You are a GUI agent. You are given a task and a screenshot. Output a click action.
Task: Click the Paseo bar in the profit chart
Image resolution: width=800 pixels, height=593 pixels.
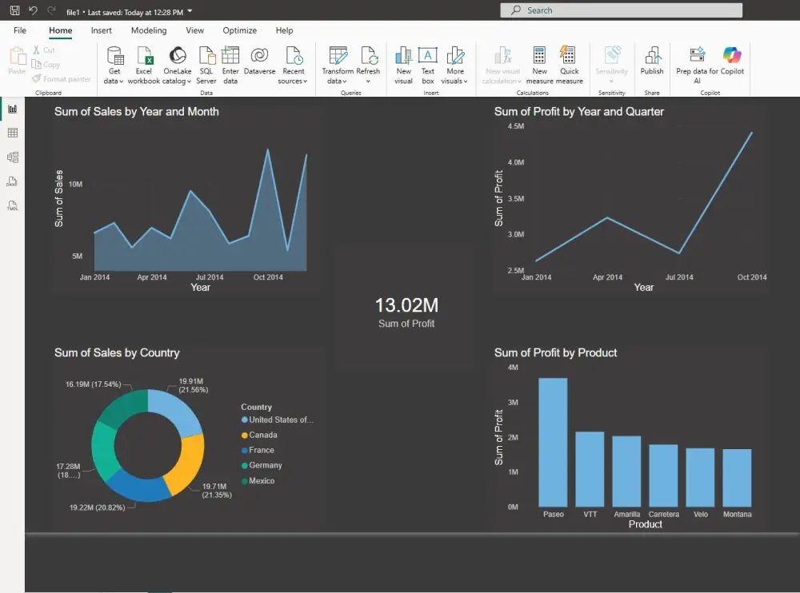pos(553,441)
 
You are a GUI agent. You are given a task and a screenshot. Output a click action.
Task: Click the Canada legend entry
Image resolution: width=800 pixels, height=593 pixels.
pos(262,436)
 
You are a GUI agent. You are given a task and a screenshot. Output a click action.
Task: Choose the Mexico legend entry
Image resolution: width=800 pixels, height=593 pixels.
pos(261,481)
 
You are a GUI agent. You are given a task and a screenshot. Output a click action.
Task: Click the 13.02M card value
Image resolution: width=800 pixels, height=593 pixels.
pos(406,305)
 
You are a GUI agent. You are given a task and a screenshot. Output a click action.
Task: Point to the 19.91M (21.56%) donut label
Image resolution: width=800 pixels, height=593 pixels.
pos(193,385)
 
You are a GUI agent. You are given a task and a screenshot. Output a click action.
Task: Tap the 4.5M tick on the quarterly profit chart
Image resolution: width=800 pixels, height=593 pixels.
pos(515,127)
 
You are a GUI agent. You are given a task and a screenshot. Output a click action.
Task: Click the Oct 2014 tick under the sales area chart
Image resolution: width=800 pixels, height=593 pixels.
pos(268,277)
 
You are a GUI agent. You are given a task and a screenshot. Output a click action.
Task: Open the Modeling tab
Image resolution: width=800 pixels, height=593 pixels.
pos(149,30)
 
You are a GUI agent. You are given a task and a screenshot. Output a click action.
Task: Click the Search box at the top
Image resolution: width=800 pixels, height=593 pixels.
pos(621,10)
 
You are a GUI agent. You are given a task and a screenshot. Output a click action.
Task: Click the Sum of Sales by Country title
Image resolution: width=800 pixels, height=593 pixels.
pos(117,352)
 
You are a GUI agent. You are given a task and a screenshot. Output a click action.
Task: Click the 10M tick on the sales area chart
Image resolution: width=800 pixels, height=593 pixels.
pos(76,184)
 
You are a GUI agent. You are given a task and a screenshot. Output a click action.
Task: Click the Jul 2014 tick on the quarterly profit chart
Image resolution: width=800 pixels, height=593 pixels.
pos(679,277)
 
